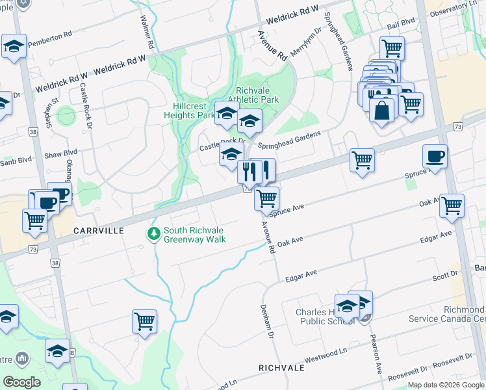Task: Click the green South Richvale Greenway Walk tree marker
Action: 153,233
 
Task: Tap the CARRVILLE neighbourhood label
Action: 98,231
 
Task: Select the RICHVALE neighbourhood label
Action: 281,367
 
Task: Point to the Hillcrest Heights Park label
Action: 194,110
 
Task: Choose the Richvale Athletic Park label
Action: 257,95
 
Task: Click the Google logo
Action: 21,382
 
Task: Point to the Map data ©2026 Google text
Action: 446,385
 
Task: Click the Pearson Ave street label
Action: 376,355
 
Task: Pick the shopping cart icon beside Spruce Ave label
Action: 266,199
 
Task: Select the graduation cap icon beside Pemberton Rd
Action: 13,47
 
